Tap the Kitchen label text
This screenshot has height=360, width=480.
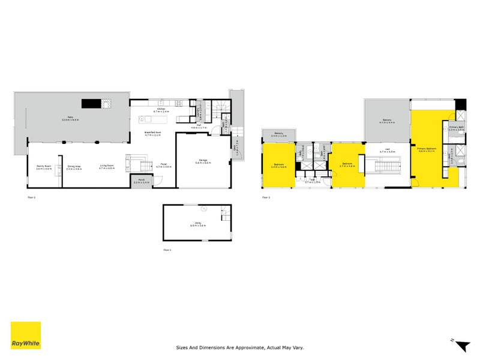[161, 110]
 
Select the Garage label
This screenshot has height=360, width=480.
[202, 161]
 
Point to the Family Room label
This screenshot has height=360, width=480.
[44, 169]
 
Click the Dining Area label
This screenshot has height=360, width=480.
[74, 169]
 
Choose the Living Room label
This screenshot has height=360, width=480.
[107, 169]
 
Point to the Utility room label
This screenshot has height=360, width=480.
[197, 224]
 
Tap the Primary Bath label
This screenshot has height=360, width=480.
[457, 128]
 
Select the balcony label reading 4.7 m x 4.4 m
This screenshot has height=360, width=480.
[387, 122]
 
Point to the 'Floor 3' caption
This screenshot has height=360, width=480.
[266, 197]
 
